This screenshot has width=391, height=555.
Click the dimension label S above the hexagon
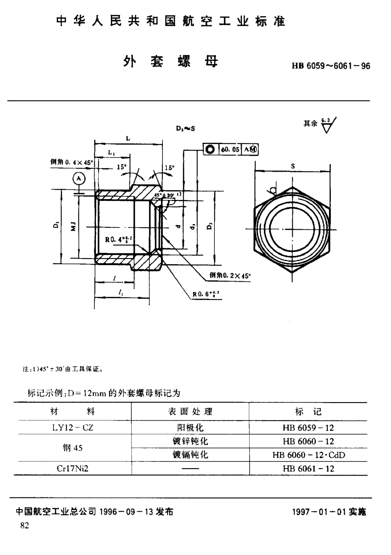(292, 166)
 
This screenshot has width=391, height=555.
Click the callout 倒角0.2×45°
(230, 276)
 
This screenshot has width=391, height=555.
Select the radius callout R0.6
(207, 294)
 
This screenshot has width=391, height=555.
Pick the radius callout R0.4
(119, 239)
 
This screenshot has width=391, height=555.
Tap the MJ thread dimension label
(74, 226)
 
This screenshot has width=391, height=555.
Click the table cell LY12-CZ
(72, 428)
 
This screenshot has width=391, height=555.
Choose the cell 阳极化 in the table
(190, 428)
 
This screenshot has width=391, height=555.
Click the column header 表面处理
(190, 411)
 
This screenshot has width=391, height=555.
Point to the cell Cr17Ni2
(72, 468)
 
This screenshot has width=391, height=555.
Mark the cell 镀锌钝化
(190, 441)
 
